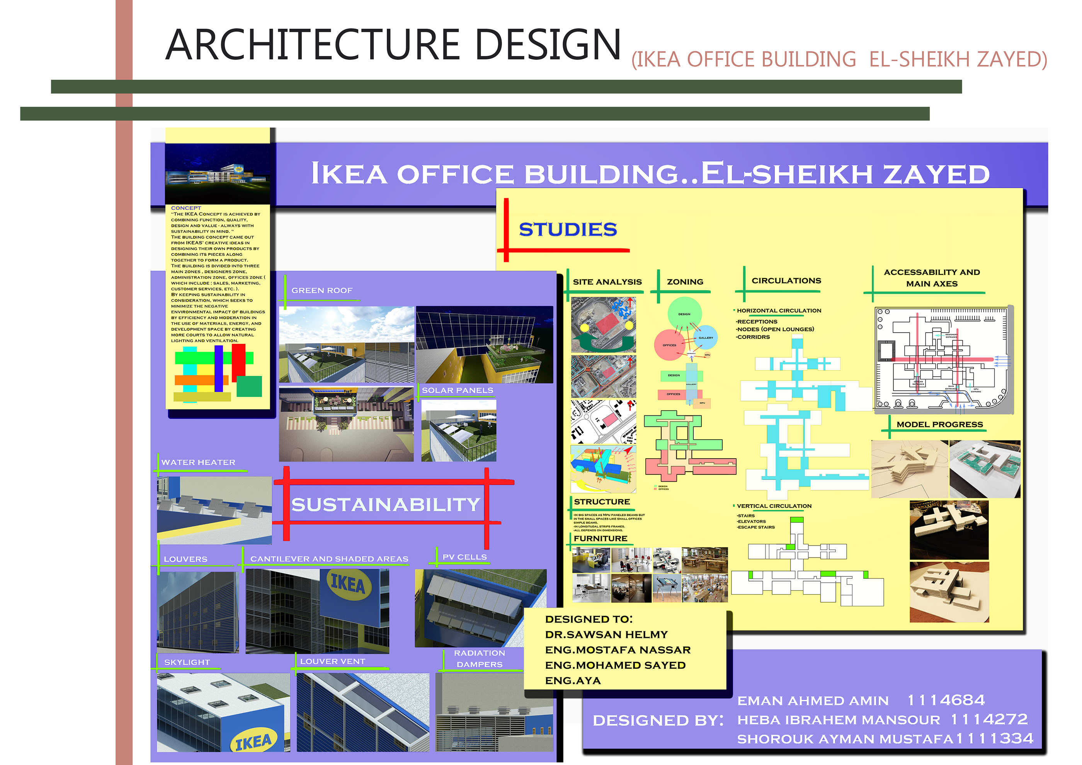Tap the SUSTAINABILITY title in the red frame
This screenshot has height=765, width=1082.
pyautogui.click(x=386, y=505)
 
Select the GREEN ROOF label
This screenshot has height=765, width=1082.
pyautogui.click(x=322, y=291)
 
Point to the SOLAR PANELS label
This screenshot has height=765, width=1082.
pyautogui.click(x=457, y=391)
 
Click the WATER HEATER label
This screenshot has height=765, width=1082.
pyautogui.click(x=198, y=462)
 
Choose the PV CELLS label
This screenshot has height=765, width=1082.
pyautogui.click(x=464, y=557)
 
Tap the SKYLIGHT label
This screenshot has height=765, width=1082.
pyautogui.click(x=187, y=662)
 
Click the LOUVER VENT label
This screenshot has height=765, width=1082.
pyautogui.click(x=332, y=661)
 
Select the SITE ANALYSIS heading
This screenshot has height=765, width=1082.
pyautogui.click(x=607, y=282)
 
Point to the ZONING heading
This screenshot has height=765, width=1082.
pyautogui.click(x=685, y=282)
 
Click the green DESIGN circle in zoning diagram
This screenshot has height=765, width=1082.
pyautogui.click(x=684, y=313)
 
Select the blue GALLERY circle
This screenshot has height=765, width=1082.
pyautogui.click(x=706, y=337)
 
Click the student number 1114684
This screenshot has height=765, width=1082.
pyautogui.click(x=946, y=700)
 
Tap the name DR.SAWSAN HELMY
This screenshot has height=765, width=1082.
pyautogui.click(x=606, y=634)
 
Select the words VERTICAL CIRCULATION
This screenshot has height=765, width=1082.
pyautogui.click(x=774, y=506)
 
